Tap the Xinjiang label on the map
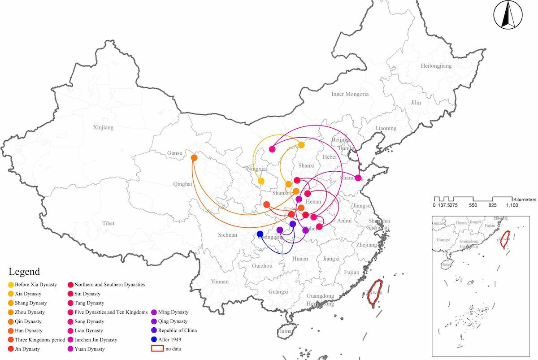point(103,127)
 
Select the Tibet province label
point(108,223)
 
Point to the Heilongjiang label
point(436,66)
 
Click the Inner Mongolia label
point(350,94)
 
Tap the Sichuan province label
point(227,234)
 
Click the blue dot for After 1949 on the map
point(260,234)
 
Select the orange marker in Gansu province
point(194,158)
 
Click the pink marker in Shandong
point(358,178)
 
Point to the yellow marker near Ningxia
point(261,181)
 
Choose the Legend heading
point(24,272)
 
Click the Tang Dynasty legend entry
point(89,303)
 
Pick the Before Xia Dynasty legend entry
point(35,285)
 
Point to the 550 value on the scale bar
point(473,205)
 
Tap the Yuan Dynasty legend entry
point(89,349)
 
